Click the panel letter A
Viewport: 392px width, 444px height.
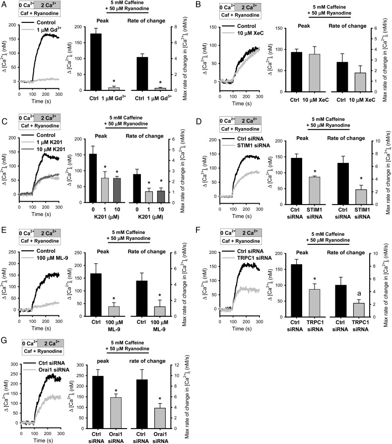click(x=4, y=5)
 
